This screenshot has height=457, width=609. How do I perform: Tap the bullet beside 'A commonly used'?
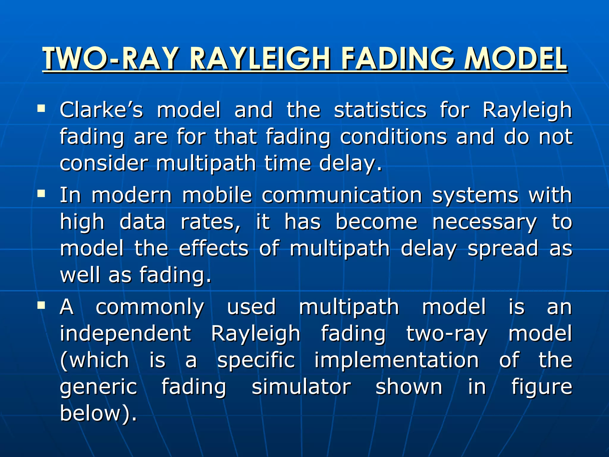click(x=41, y=305)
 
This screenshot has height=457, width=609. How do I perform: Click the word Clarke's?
click(x=101, y=110)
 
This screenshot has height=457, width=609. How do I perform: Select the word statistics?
click(x=380, y=110)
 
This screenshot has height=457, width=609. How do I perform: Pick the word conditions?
click(x=393, y=137)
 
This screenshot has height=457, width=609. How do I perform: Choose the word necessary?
click(x=484, y=222)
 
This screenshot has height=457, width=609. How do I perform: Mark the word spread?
click(x=503, y=249)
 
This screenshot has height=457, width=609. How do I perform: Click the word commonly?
click(x=150, y=307)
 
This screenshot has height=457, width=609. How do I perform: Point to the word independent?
click(x=125, y=334)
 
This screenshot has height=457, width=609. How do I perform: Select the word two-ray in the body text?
click(x=447, y=334)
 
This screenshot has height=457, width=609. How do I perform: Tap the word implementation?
click(x=396, y=360)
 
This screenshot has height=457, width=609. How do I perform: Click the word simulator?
click(x=301, y=387)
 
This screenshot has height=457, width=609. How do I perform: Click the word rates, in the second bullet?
click(x=211, y=222)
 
